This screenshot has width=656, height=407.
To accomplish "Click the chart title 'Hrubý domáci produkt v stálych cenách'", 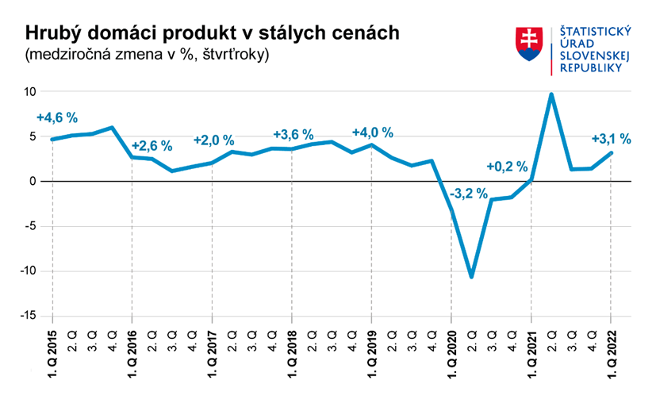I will click(212, 33).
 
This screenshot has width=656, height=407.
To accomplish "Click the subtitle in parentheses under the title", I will click(148, 55).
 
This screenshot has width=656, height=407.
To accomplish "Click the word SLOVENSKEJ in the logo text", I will click(595, 57).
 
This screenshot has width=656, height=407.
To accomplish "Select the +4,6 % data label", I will click(57, 117).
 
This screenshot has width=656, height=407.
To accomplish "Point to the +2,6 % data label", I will click(151, 146).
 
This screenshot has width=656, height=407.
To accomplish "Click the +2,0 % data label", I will click(214, 140).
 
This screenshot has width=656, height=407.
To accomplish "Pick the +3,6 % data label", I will click(293, 134).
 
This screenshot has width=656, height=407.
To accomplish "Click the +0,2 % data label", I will click(507, 167).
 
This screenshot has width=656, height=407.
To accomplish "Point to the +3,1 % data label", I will click(612, 139).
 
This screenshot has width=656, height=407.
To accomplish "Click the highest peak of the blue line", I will click(551, 94).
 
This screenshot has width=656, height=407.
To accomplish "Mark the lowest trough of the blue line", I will click(472, 276).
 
